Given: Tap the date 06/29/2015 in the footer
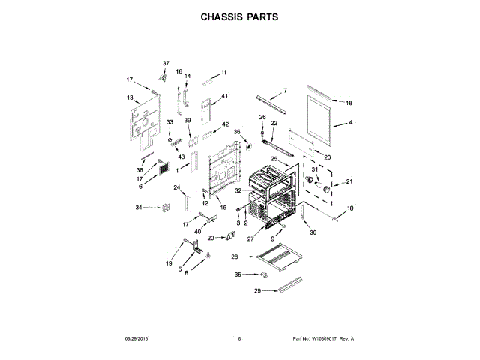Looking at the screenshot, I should pos(139,339).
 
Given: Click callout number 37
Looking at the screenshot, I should pos(166,63).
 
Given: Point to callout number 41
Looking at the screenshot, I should pos(223,96).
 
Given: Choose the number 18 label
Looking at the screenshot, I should pos(349,102).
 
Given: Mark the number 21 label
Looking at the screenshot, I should pos(348,181).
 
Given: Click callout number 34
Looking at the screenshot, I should pos(139,207).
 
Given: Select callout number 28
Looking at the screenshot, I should pos(235,257).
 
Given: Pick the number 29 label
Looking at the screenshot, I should pos(257,290).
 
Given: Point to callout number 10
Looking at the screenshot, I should pos(349,208).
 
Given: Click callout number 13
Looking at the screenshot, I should pos(130,97).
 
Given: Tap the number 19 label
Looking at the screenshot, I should pos(169,263).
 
